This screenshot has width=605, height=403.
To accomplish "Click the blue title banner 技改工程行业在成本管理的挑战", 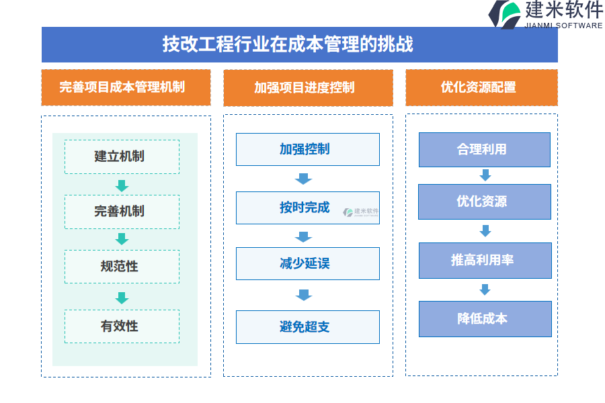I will [299, 44].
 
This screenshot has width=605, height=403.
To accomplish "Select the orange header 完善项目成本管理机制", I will [126, 87].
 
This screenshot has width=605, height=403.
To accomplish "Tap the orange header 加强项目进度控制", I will [308, 87].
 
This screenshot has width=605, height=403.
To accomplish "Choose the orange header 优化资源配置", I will [481, 87].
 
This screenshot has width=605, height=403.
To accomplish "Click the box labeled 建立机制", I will [122, 156].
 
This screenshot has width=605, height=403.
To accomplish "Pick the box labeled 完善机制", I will [122, 212].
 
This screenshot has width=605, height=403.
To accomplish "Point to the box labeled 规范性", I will [122, 266].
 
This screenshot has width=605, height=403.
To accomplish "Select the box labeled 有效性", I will [122, 326].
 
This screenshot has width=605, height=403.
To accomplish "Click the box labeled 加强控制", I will [307, 149].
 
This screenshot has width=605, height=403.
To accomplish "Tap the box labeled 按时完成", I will [307, 208].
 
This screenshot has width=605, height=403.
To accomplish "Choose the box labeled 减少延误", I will [307, 263].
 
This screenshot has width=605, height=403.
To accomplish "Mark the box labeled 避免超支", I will [307, 327].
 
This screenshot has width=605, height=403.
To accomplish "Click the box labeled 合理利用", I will [484, 149].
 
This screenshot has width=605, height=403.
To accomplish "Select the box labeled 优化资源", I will [484, 201].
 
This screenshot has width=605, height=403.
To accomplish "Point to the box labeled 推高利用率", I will [484, 260].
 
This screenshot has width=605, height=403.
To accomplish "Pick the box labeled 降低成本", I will [484, 318].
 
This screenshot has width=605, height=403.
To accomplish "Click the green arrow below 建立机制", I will [122, 185].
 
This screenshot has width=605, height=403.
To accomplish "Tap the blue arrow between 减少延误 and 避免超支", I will [304, 294].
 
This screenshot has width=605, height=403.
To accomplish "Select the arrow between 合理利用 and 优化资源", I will [485, 175].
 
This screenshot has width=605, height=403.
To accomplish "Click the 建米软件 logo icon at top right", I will [505, 14].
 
